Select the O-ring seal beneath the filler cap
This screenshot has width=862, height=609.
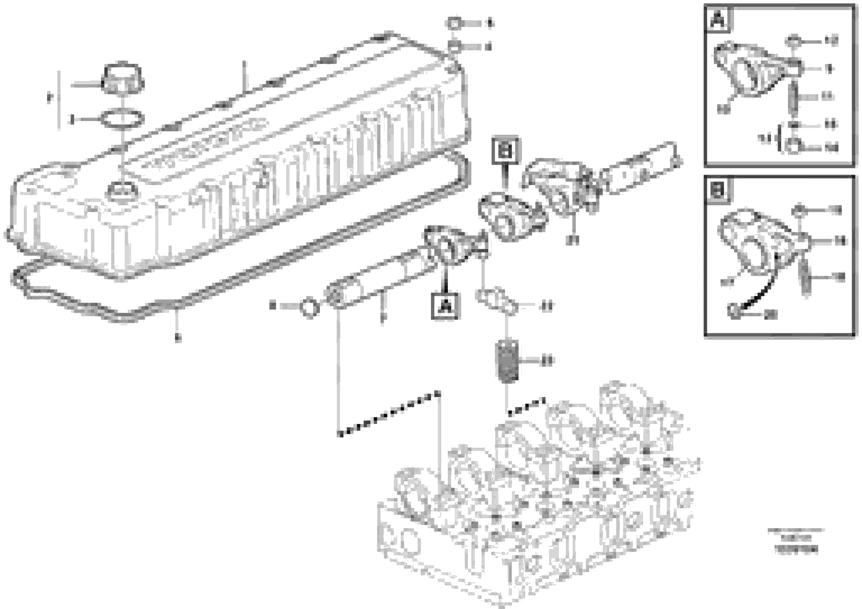tap(122, 120)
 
